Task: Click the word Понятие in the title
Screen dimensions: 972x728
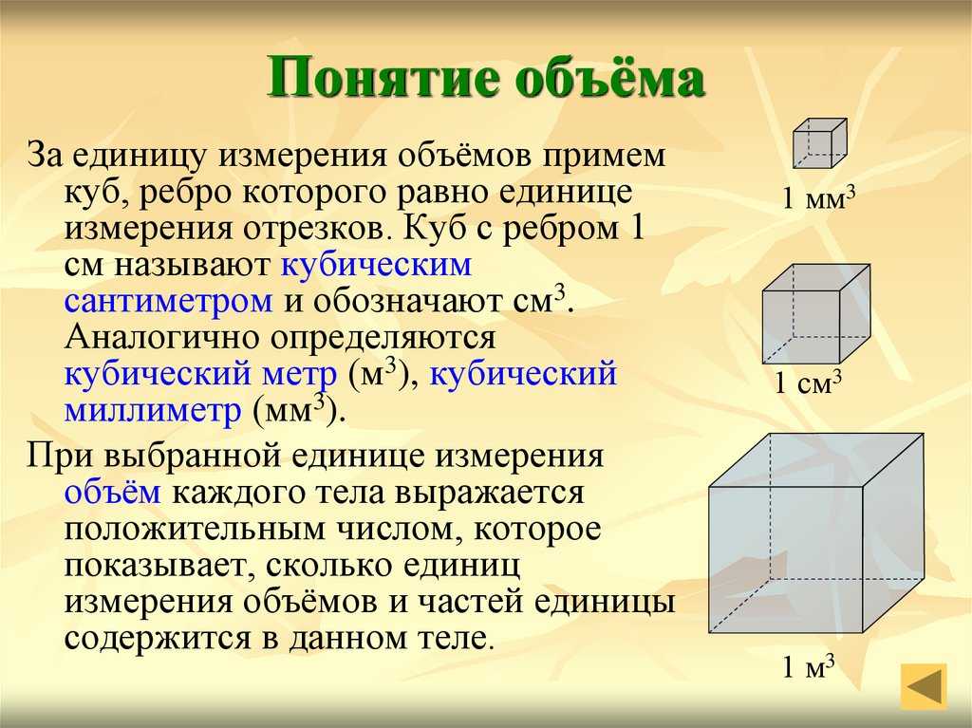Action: click(383, 78)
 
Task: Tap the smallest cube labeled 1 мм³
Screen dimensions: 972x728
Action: click(820, 143)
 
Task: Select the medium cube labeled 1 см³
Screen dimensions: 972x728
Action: click(815, 314)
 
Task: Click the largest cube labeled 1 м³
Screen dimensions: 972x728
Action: click(816, 533)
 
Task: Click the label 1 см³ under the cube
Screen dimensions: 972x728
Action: click(809, 383)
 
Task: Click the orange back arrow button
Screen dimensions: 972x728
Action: click(924, 686)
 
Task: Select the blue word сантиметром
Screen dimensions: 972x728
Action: click(168, 301)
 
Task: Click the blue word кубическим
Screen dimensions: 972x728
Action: click(376, 265)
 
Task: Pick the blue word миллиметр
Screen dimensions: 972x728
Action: click(153, 410)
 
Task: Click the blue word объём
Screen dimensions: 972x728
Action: click(113, 492)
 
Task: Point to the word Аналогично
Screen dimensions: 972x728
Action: click(160, 337)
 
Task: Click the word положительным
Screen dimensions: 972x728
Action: click(195, 529)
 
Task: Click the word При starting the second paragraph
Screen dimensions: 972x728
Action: click(60, 457)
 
